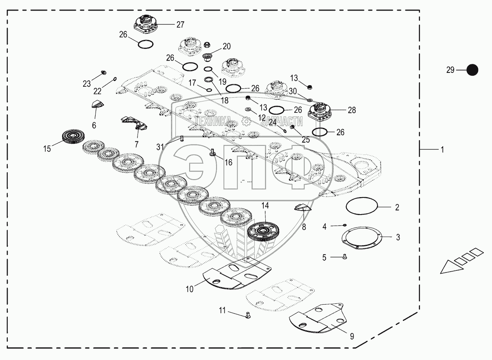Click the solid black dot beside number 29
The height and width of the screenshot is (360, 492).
tap(472, 70)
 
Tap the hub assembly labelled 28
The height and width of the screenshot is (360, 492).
tap(322, 111)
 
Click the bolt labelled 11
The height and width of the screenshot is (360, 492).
tap(249, 315)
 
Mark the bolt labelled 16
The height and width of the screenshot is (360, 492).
tap(212, 153)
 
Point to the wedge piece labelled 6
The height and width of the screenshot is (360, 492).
tap(98, 104)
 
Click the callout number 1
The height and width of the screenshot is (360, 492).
tap(442, 150)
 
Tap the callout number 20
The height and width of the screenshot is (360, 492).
tap(226, 46)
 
